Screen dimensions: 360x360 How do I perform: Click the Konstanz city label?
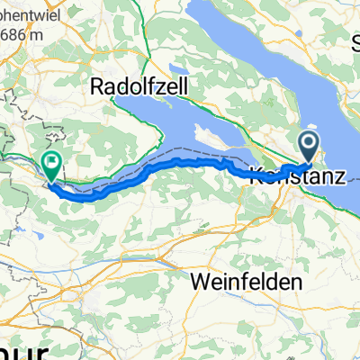[295, 175]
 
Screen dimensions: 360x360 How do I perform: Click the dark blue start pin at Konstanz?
[309, 144]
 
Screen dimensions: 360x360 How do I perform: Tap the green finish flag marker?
[52, 165]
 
